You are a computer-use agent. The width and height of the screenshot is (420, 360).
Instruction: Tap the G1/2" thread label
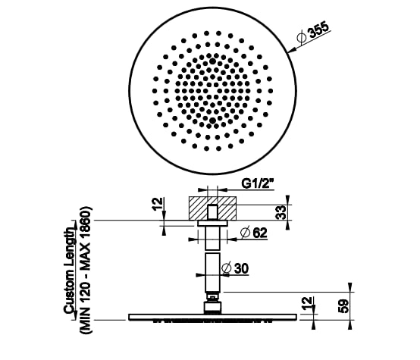click(x=259, y=183)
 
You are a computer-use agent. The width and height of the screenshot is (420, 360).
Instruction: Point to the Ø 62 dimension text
click(x=255, y=233)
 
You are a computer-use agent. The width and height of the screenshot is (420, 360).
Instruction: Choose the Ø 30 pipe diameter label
click(x=237, y=267)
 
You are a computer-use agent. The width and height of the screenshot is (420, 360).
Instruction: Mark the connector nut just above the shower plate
click(x=213, y=307)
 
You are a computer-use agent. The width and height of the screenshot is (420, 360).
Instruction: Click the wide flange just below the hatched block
click(x=213, y=224)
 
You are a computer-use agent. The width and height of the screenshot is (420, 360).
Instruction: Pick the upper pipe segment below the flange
click(x=213, y=238)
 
